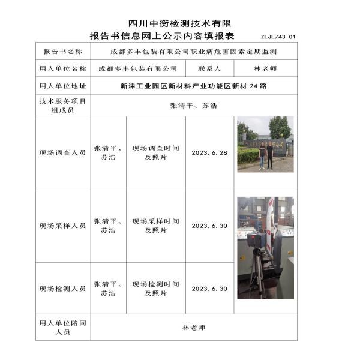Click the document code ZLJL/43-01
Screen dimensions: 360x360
[278, 37]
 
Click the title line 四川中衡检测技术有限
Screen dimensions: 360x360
[179, 23]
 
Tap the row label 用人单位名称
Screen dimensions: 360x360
[62, 70]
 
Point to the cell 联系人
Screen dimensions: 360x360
[209, 70]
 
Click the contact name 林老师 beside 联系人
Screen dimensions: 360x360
[265, 70]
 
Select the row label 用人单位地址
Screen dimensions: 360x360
[62, 86]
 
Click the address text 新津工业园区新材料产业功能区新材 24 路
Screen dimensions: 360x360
[193, 86]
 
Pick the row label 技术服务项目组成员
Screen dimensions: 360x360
[62, 106]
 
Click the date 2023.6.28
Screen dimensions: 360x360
[209, 153]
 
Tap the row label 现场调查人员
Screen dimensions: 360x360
[62, 153]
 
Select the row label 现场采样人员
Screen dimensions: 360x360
[62, 226]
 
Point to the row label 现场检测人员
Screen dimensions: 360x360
[62, 289]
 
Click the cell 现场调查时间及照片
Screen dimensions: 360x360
[155, 152]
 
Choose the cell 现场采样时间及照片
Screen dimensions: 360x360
[155, 226]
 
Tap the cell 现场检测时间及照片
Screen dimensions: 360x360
[155, 289]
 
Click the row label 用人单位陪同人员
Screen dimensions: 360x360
[62, 328]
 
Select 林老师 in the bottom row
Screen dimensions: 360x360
[193, 328]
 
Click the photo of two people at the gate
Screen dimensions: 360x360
[265, 145]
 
